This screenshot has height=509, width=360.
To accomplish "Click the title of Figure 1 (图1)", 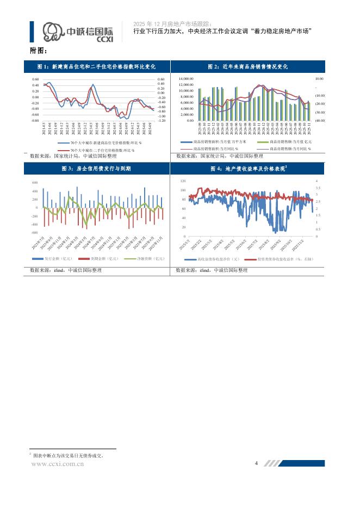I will click(96, 66).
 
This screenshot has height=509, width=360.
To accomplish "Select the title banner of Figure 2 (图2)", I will click(248, 66).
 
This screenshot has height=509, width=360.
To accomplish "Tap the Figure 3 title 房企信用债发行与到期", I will click(96, 169).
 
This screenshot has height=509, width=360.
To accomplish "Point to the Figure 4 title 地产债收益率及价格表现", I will click(247, 169).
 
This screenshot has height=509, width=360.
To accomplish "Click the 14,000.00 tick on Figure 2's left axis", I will click(186, 79).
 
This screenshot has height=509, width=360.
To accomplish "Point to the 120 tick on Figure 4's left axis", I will click(183, 181).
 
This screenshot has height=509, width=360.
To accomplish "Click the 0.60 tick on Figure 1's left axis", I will click(35, 79).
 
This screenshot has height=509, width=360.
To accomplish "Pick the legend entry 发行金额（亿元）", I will click(59, 259).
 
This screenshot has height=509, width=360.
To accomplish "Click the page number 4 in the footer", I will click(256, 463).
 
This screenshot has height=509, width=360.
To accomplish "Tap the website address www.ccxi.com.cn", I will click(58, 464).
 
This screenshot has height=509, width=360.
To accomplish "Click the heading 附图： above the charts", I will click(39, 51).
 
